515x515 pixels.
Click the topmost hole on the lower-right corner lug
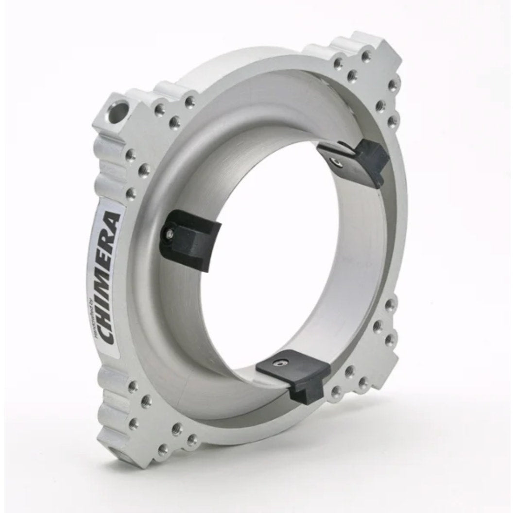pyautogui.click(x=390, y=305)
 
